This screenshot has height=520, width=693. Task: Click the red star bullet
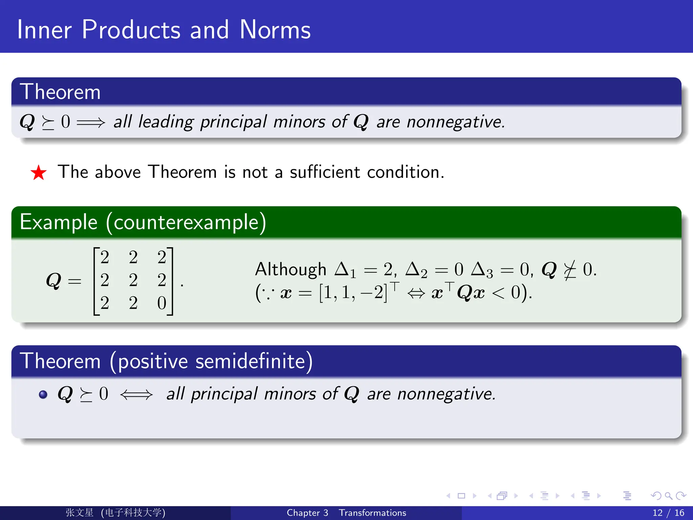[39, 173]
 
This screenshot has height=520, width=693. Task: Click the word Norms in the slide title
[275, 30]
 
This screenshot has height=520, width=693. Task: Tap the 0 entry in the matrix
[162, 303]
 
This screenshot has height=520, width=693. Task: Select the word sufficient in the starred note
[325, 172]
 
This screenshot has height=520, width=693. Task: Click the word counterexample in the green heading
[186, 222]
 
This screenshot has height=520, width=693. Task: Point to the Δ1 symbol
[345, 270]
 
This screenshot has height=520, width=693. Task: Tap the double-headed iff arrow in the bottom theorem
[136, 395]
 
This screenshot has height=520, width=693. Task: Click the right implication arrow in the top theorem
[91, 122]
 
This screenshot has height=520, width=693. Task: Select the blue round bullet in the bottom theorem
[43, 394]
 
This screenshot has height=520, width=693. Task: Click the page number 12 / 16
[668, 513]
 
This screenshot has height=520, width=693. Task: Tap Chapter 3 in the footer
[307, 513]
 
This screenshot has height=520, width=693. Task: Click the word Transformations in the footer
[372, 513]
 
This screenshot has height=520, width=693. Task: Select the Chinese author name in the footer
[79, 513]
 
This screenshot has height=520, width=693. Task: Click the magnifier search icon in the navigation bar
[668, 496]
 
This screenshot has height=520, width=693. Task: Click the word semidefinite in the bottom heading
[250, 361]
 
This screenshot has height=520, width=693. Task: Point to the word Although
[290, 270]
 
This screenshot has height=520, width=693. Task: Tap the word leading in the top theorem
[166, 122]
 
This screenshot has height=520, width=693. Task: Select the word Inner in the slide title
[44, 30]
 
